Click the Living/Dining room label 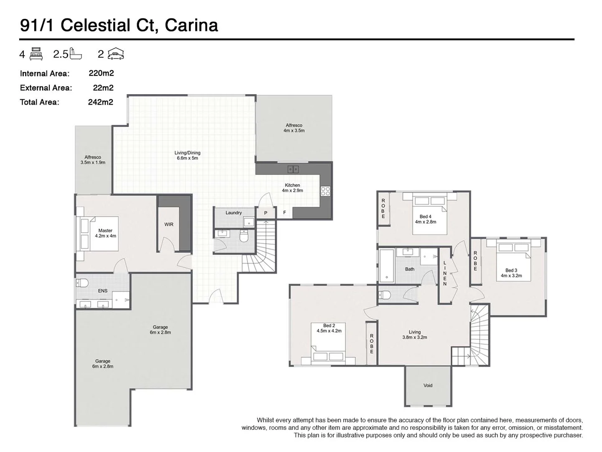(x=187, y=155)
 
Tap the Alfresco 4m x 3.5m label (x=294, y=128)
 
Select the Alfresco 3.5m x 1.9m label (x=93, y=160)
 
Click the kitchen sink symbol (x=293, y=169)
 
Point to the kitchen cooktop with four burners (x=325, y=191)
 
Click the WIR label (x=168, y=224)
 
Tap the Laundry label (x=233, y=213)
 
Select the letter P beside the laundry (x=265, y=213)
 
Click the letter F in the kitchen (x=285, y=213)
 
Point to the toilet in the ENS (x=82, y=283)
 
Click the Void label (x=428, y=385)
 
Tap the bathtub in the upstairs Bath (x=386, y=265)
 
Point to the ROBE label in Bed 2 (x=372, y=343)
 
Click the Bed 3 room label (x=511, y=273)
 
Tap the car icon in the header (x=116, y=54)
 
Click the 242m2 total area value (x=100, y=102)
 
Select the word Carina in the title (x=191, y=25)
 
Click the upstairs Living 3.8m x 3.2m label (x=414, y=334)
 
